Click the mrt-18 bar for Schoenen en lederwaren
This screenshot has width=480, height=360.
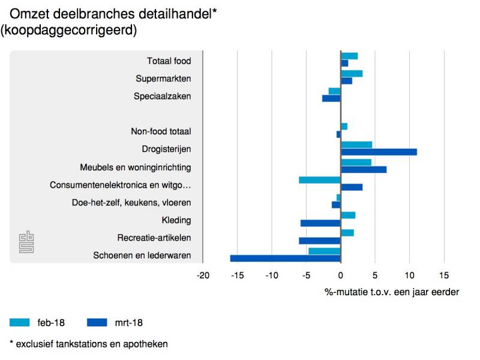286,259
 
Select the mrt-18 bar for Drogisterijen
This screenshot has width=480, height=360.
379,152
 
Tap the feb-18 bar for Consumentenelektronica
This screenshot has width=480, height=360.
320,180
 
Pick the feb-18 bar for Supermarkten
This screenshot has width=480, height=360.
352,74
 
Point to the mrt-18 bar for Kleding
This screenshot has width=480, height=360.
320,223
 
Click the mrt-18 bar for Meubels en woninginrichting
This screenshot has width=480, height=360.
364,169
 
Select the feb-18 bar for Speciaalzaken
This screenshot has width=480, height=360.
335,91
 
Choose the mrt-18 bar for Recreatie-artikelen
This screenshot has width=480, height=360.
320,241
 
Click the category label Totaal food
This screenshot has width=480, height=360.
169,61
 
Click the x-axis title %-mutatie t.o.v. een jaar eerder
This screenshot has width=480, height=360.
392,292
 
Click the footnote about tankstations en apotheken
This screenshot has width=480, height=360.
88,344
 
